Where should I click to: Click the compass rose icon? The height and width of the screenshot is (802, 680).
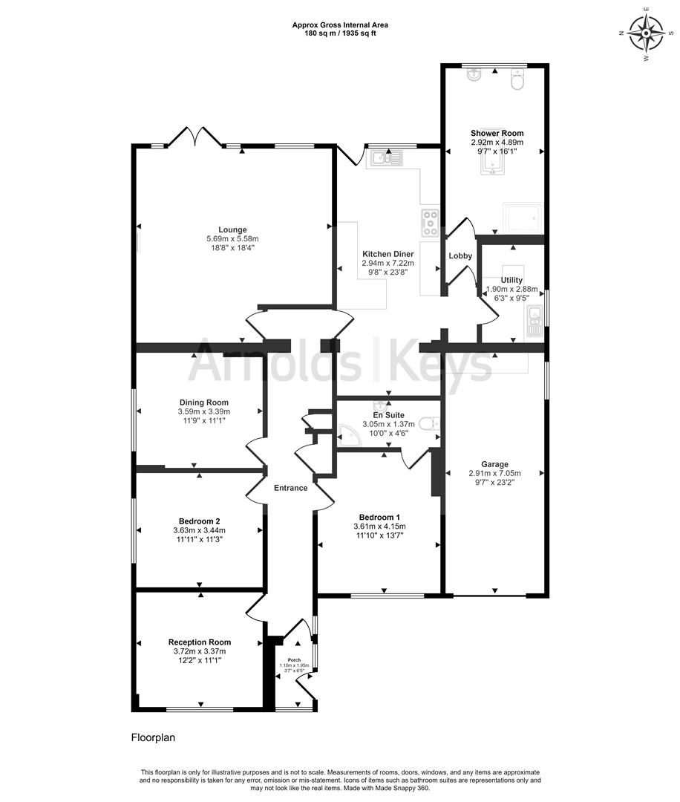pos(645,32)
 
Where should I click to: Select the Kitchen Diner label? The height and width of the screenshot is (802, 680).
pos(388,254)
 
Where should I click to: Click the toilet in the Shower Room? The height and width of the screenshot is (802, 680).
pos(517,81)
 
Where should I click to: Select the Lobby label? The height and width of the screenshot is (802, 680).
pos(460,256)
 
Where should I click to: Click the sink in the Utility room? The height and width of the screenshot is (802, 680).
pos(534,322)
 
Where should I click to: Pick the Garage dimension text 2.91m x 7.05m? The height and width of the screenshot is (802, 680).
pos(494,473)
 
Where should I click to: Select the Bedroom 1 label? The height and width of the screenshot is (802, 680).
pos(379,517)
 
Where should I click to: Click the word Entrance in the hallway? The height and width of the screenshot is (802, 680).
pos(290,488)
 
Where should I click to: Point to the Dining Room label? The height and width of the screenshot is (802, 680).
pos(203,402)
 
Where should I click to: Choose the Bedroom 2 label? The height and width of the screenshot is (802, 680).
pos(199,521)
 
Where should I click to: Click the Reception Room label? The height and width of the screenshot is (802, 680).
pos(199,642)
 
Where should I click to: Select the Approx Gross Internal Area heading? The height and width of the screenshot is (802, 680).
pos(339,25)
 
